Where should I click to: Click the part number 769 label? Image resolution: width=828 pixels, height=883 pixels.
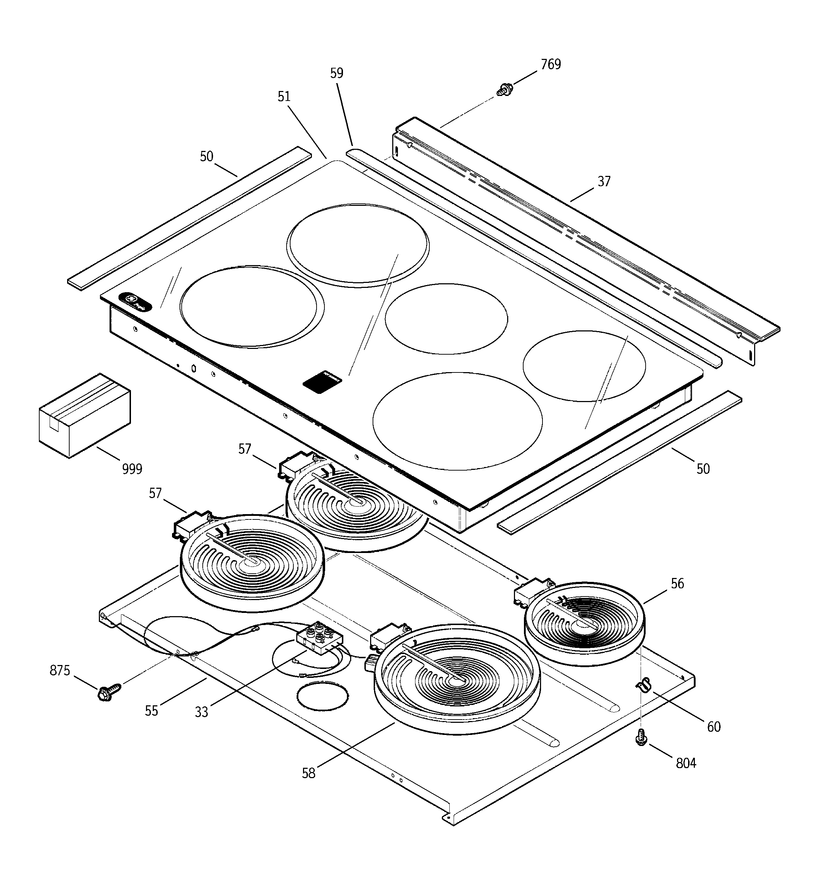[x=550, y=65]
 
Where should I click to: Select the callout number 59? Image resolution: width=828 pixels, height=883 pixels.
[x=337, y=73]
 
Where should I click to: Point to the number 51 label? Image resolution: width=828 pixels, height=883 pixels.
[x=284, y=97]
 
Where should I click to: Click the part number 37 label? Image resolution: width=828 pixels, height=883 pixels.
[x=604, y=182]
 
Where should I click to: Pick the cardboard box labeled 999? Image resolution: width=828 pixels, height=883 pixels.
[x=85, y=415]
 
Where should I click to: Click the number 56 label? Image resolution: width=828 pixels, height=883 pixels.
[x=677, y=584]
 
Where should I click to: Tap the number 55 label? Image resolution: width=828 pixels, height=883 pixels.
[x=151, y=711]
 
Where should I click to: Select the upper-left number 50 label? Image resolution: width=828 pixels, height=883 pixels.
[x=206, y=157]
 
